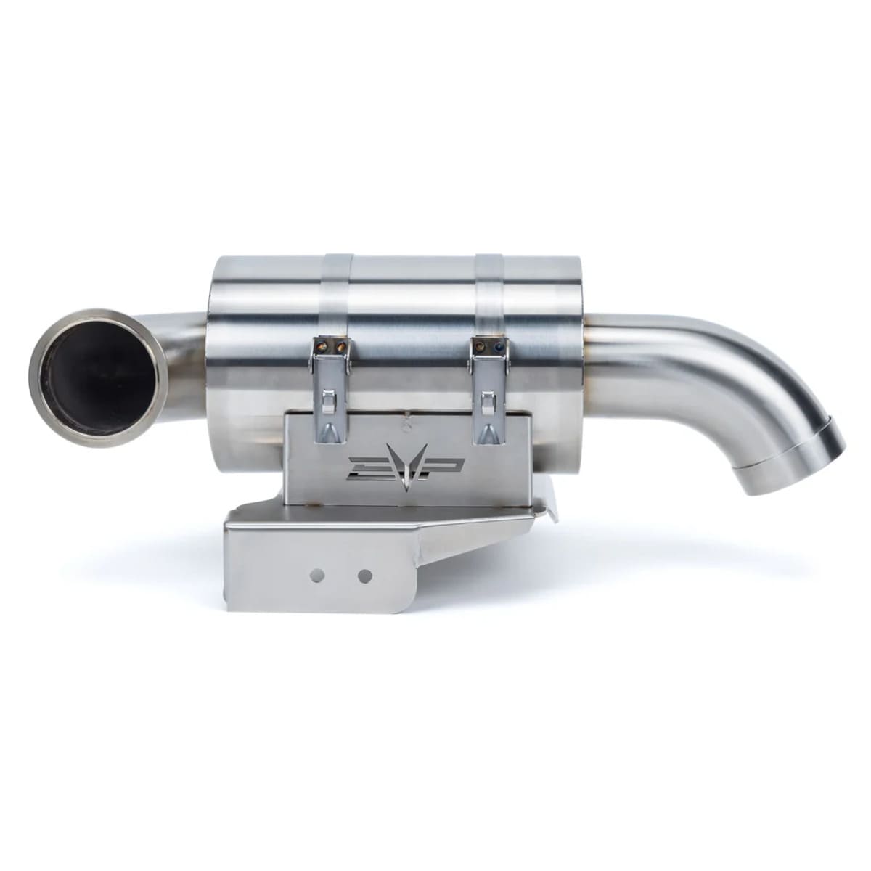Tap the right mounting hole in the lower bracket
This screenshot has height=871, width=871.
coord(365,576)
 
